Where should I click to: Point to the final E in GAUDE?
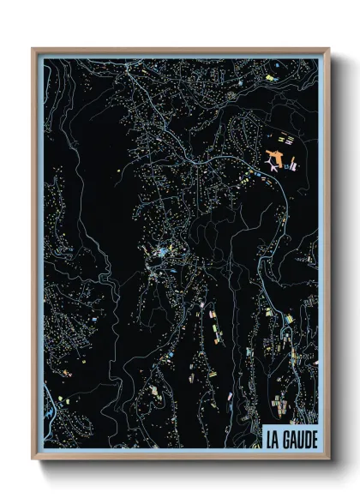(x=313, y=440)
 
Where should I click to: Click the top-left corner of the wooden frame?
(x=33, y=50)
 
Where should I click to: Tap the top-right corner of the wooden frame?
(x=329, y=50)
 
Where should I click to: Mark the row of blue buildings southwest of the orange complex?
(x=256, y=176)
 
